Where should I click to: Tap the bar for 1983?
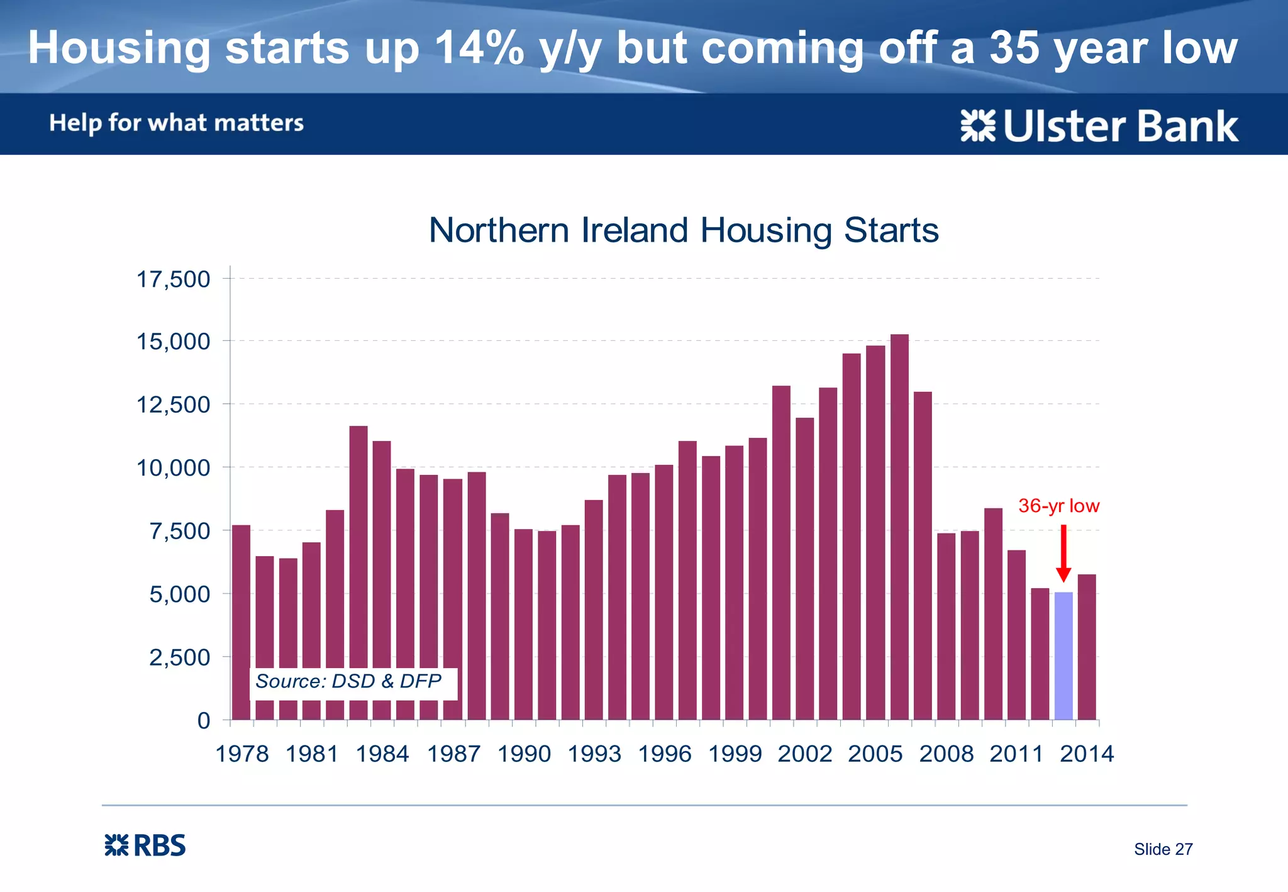coord(358,572)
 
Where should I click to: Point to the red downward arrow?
coord(1063,554)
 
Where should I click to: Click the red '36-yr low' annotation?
coord(1058,506)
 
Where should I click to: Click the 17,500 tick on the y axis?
coord(174,279)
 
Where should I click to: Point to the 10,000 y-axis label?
coord(174,467)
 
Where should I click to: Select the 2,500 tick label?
coord(179,657)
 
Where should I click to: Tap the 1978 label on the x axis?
coord(242,754)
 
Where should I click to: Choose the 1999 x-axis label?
coord(735,754)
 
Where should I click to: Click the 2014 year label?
coord(1087,754)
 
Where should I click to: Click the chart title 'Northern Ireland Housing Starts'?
coord(684,230)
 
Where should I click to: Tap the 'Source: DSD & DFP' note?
coord(348,681)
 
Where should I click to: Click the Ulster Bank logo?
coord(1099,126)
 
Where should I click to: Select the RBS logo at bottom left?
coord(145,845)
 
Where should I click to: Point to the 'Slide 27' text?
coord(1163,849)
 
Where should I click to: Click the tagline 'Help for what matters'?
coord(177,123)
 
